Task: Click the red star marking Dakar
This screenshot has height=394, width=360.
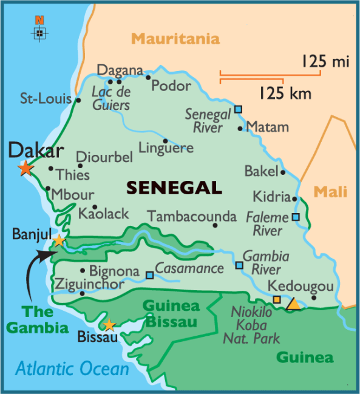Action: (25, 168)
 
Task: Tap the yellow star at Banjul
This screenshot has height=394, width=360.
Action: (58, 241)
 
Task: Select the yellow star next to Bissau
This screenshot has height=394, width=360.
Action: (109, 325)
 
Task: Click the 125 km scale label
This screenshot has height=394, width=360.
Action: (285, 93)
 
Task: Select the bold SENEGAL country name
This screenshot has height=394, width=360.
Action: (174, 188)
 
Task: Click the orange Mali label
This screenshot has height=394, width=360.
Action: (330, 192)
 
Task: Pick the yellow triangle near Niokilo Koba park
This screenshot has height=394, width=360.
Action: (293, 304)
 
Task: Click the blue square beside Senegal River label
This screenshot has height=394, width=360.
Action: (238, 109)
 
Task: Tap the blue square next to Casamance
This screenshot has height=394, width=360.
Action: (149, 275)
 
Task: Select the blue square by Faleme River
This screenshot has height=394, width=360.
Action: (296, 217)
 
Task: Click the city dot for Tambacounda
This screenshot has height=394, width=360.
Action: (215, 226)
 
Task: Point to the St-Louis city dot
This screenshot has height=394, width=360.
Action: (78, 100)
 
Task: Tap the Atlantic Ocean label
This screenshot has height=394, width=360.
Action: (72, 369)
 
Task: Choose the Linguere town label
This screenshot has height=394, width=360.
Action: (166, 148)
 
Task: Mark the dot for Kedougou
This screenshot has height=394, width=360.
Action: (314, 297)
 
